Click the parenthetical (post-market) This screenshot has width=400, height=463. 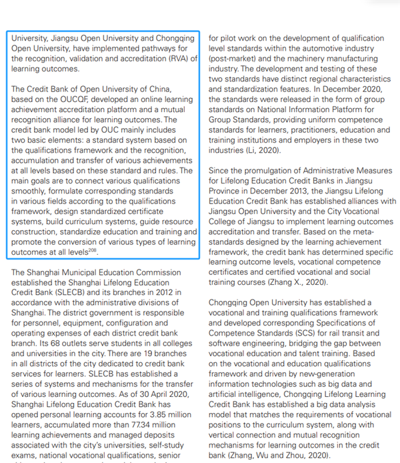click(237, 59)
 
